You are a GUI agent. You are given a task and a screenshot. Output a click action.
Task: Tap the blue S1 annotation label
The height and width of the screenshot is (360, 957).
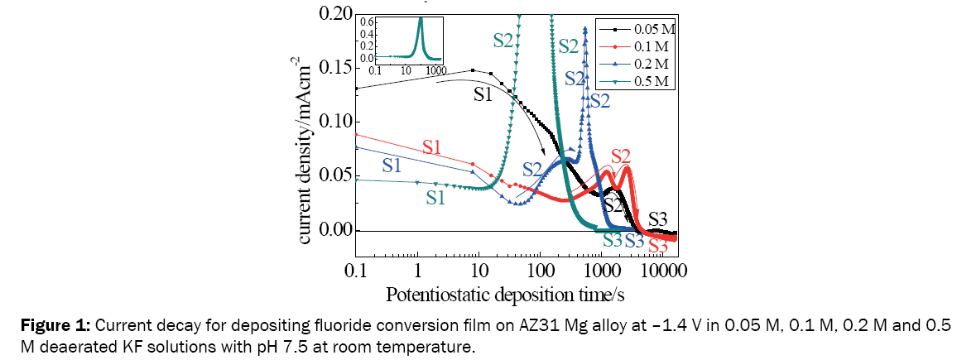(x=395, y=164)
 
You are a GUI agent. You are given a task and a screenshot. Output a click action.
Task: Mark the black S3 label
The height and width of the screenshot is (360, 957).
(x=659, y=218)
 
